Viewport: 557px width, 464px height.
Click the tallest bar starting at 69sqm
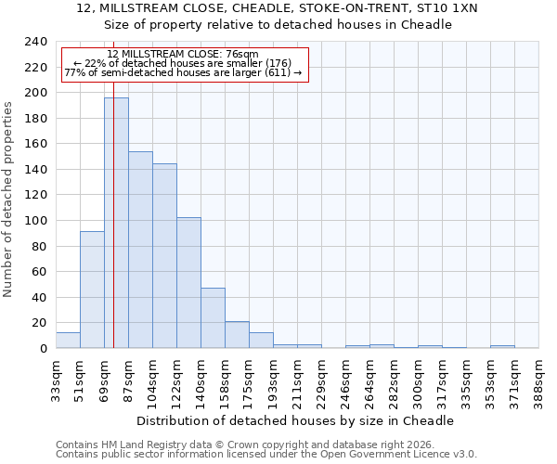[x=116, y=223]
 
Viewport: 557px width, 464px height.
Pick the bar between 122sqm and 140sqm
[x=188, y=283]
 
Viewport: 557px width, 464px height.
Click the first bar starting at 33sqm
[x=68, y=341]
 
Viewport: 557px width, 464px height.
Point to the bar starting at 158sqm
[x=237, y=335]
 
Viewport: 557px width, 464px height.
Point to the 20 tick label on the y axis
[x=38, y=323]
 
